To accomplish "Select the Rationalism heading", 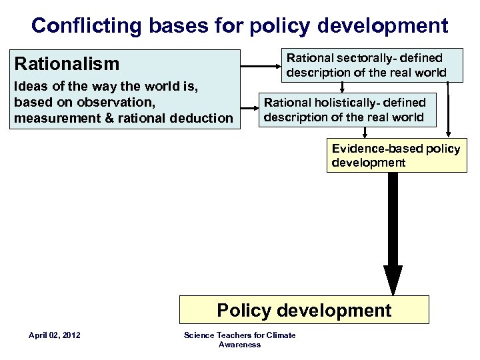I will coord(67,64).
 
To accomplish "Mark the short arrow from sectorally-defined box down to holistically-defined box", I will coord(342,87).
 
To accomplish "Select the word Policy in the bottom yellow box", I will coord(244,310).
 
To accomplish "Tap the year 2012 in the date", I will coord(70,335).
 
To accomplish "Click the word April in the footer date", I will coord(39,335).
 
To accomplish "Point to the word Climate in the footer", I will coord(281,335).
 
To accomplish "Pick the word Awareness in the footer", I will coord(239,344).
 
